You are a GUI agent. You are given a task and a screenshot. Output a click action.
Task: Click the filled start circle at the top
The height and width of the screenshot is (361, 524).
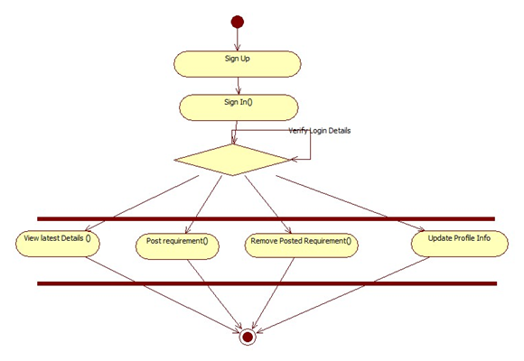(238, 22)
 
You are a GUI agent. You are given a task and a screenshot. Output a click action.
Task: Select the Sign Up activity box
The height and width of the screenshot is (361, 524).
(238, 64)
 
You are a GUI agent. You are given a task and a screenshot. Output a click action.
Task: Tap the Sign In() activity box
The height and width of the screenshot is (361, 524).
(239, 107)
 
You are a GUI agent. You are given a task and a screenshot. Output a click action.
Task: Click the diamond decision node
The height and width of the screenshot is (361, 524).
(232, 160)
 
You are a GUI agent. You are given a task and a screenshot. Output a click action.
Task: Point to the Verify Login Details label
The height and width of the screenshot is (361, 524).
(320, 131)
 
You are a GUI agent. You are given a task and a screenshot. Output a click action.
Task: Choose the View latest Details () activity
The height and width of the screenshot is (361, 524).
(58, 244)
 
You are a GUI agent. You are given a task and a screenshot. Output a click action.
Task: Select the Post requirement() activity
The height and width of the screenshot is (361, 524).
(177, 246)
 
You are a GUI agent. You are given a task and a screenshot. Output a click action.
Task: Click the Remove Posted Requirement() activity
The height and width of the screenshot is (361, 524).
(302, 245)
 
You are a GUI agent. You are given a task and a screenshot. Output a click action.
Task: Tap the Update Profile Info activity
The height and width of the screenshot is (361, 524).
(460, 244)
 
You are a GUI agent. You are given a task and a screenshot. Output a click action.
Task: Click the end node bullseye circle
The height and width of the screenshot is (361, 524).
(248, 337)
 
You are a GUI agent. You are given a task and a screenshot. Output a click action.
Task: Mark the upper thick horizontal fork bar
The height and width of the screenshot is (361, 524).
(266, 219)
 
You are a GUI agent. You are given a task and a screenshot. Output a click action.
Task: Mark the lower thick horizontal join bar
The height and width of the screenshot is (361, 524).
(267, 284)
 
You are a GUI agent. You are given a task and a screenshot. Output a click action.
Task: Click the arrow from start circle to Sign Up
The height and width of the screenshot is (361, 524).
(238, 40)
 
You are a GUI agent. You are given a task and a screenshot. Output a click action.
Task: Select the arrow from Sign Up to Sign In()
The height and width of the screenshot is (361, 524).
(238, 86)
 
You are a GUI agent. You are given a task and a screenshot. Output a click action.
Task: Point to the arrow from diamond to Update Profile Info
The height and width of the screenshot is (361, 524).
(351, 203)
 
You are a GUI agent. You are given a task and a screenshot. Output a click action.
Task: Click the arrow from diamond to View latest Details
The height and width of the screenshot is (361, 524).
(142, 203)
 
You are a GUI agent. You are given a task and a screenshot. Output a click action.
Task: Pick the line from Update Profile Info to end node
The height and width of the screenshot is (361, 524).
(343, 295)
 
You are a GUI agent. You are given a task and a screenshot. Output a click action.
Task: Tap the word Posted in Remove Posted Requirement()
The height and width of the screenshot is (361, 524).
(291, 241)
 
